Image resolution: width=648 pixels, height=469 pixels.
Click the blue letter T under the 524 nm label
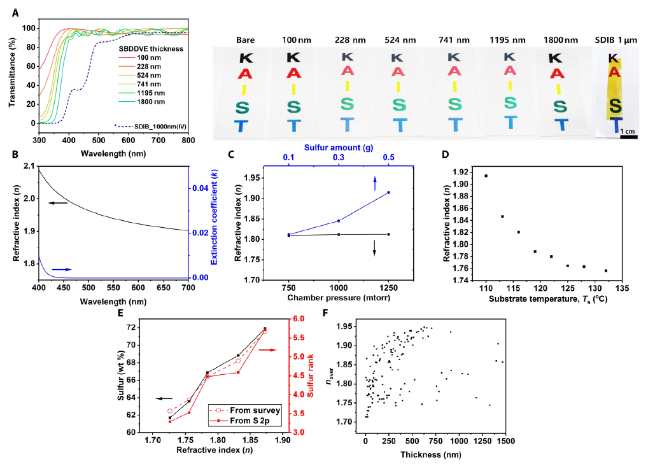click(398, 124)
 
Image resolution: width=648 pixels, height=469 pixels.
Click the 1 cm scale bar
click(629, 135)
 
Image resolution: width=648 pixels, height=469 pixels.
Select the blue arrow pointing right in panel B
click(61, 270)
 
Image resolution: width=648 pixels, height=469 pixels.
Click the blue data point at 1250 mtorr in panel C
click(388, 192)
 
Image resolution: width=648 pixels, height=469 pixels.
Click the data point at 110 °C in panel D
click(486, 176)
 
